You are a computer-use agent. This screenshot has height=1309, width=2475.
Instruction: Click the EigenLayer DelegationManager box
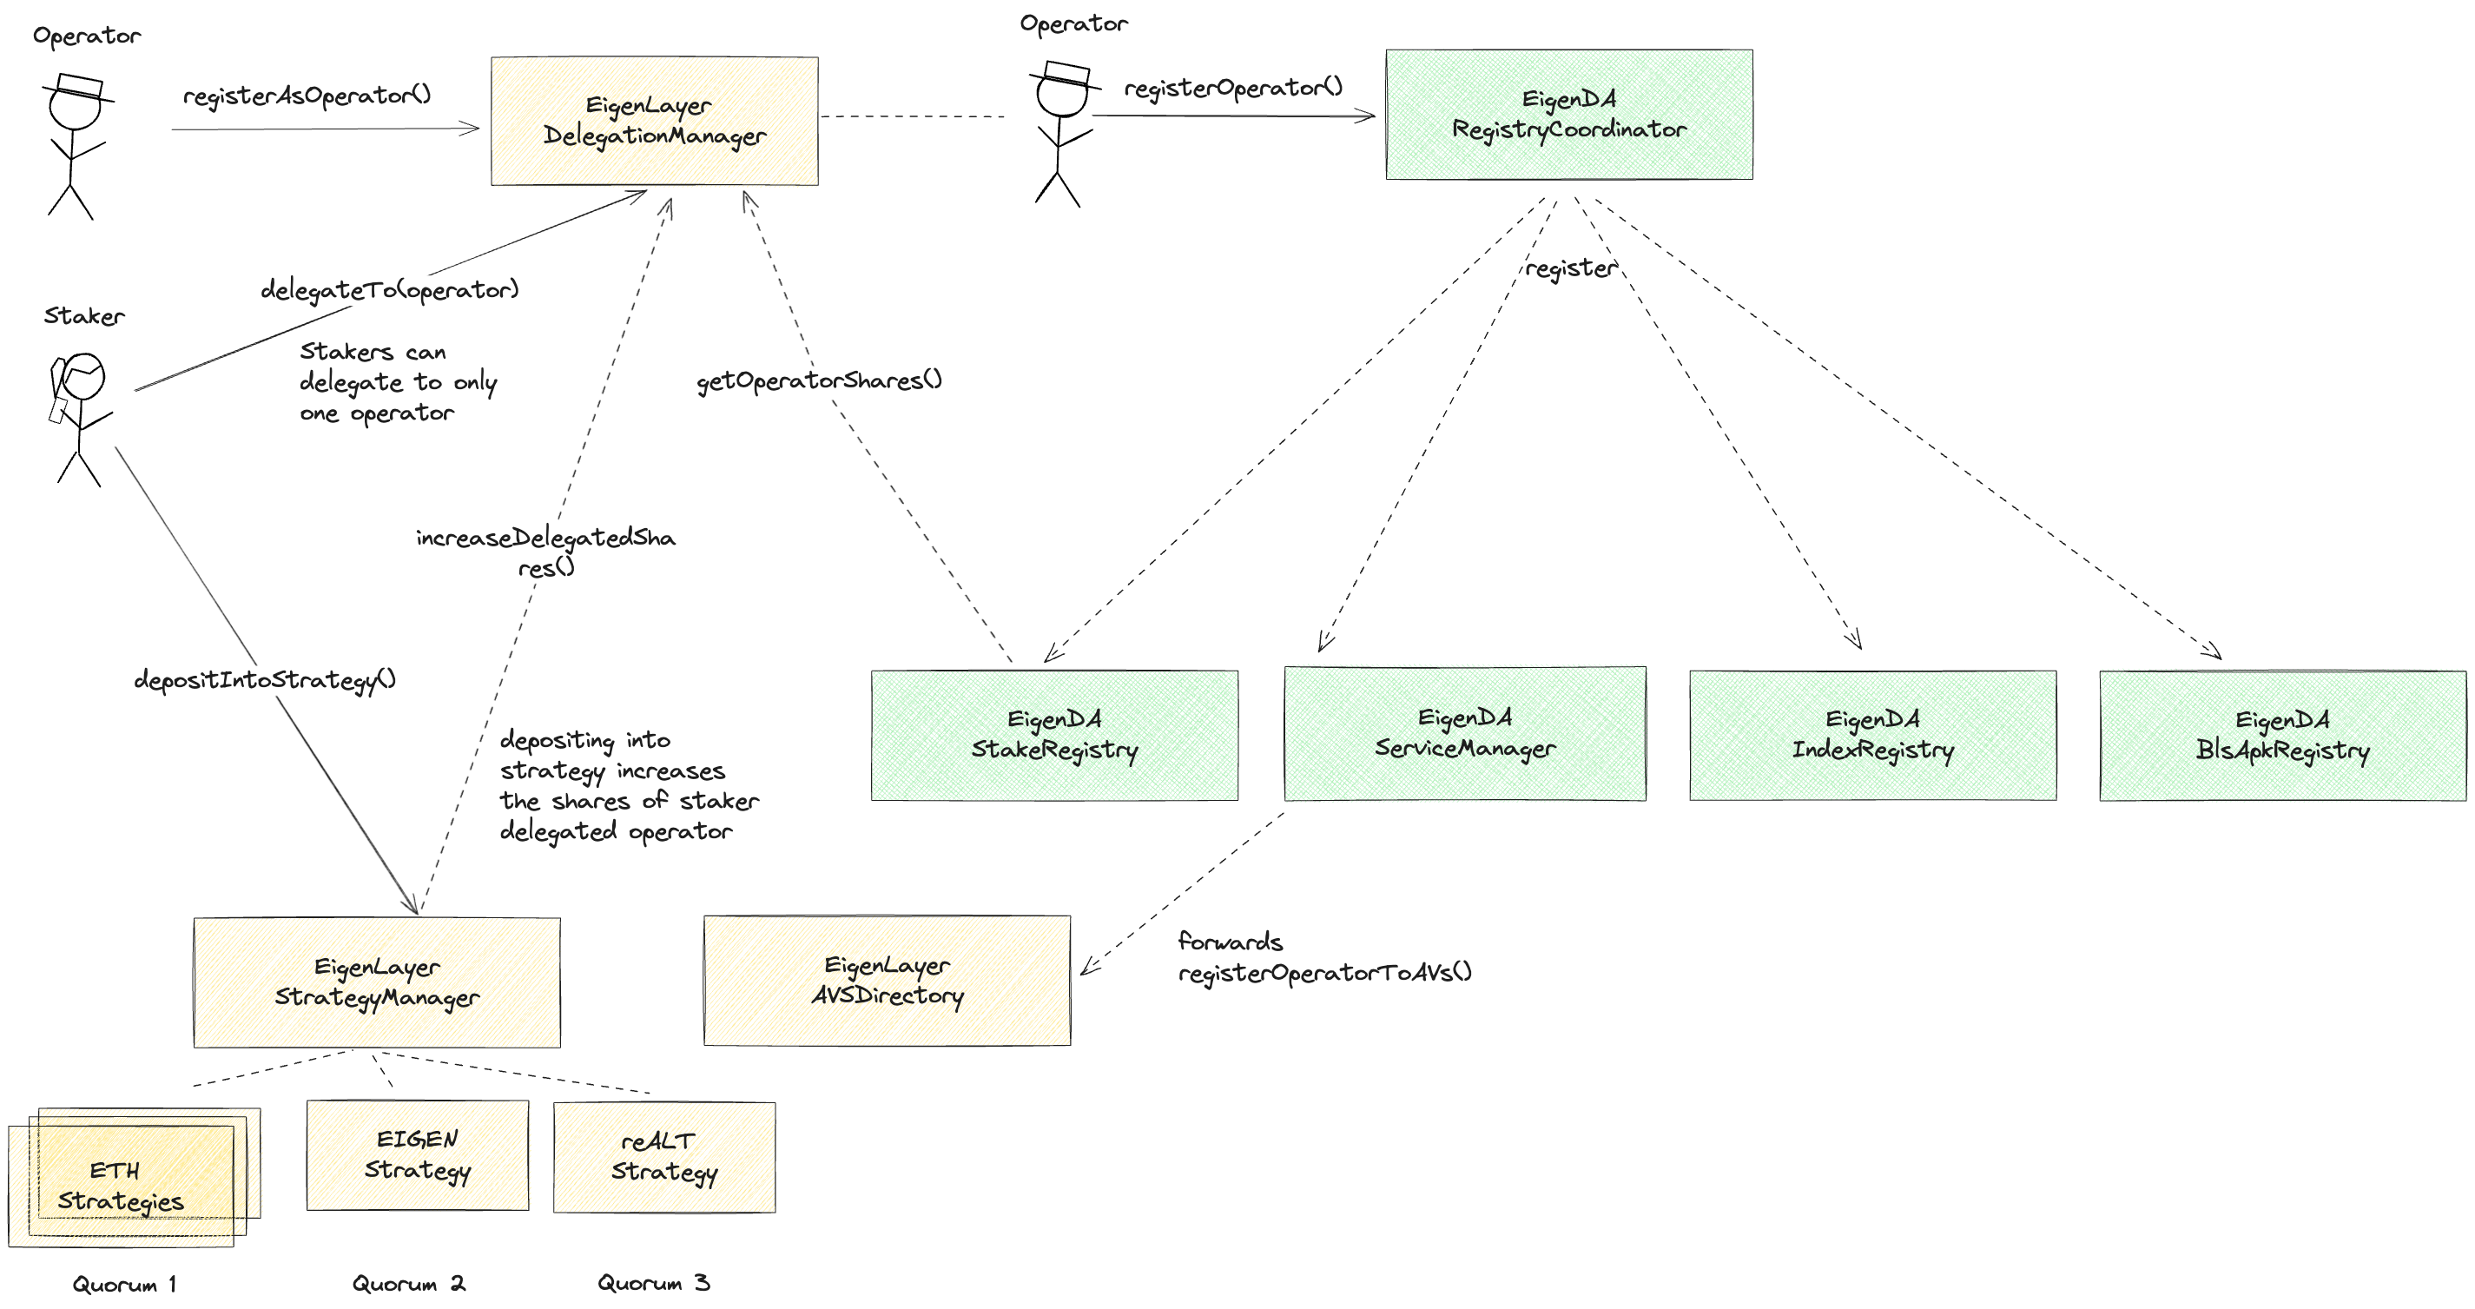click(654, 121)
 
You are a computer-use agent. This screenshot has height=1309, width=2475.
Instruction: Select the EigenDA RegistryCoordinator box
click(1569, 115)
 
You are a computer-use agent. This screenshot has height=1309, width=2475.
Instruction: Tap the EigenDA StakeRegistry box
click(1054, 735)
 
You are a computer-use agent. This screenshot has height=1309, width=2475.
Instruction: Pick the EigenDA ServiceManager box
click(1465, 733)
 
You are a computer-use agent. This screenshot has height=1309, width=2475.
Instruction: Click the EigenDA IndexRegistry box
click(1872, 735)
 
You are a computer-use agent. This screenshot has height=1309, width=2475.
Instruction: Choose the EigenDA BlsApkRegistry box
click(2283, 735)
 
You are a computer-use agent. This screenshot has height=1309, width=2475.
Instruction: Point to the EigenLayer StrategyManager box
click(377, 982)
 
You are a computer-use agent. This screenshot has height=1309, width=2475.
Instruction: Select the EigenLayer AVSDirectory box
click(887, 979)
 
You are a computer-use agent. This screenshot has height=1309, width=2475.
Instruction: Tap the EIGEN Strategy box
click(418, 1155)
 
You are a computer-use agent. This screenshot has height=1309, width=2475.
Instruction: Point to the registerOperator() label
click(1232, 88)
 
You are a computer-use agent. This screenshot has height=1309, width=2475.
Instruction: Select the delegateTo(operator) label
click(389, 289)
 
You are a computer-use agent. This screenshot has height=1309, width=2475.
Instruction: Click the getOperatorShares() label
click(819, 380)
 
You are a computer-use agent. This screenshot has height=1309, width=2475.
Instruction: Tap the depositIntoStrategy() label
click(264, 679)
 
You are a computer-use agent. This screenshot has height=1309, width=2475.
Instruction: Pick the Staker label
click(84, 316)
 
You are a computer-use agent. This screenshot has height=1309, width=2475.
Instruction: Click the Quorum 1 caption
click(124, 1284)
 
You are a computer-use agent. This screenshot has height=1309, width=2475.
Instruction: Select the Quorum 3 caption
click(653, 1282)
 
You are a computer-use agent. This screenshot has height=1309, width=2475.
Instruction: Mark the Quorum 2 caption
click(408, 1283)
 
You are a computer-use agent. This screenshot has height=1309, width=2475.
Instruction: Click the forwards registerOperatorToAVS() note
click(1324, 957)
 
